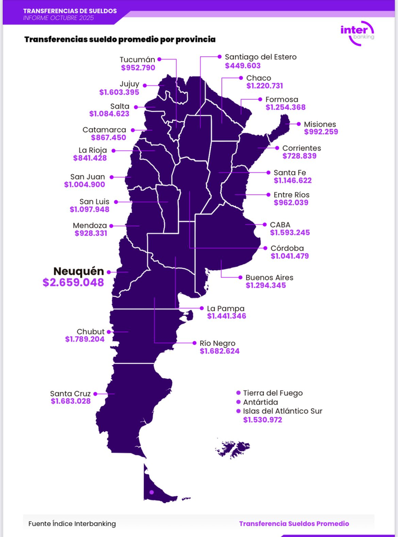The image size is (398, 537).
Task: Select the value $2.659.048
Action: point(73,283)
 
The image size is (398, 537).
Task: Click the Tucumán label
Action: point(137,59)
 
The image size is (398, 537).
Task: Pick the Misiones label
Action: point(320,124)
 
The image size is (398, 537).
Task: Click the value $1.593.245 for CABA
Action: point(290,233)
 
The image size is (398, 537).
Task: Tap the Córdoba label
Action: point(287,248)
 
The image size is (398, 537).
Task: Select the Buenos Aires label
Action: point(269,277)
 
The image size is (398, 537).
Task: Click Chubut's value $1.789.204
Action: point(85,339)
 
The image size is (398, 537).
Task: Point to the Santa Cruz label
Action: point(70,393)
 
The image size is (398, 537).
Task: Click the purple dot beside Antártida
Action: point(238,402)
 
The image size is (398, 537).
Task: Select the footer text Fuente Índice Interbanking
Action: point(72,523)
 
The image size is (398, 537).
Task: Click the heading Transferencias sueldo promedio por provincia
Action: point(119,40)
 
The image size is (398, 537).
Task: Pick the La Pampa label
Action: point(226,308)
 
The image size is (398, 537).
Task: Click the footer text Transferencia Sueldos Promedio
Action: point(294,523)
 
